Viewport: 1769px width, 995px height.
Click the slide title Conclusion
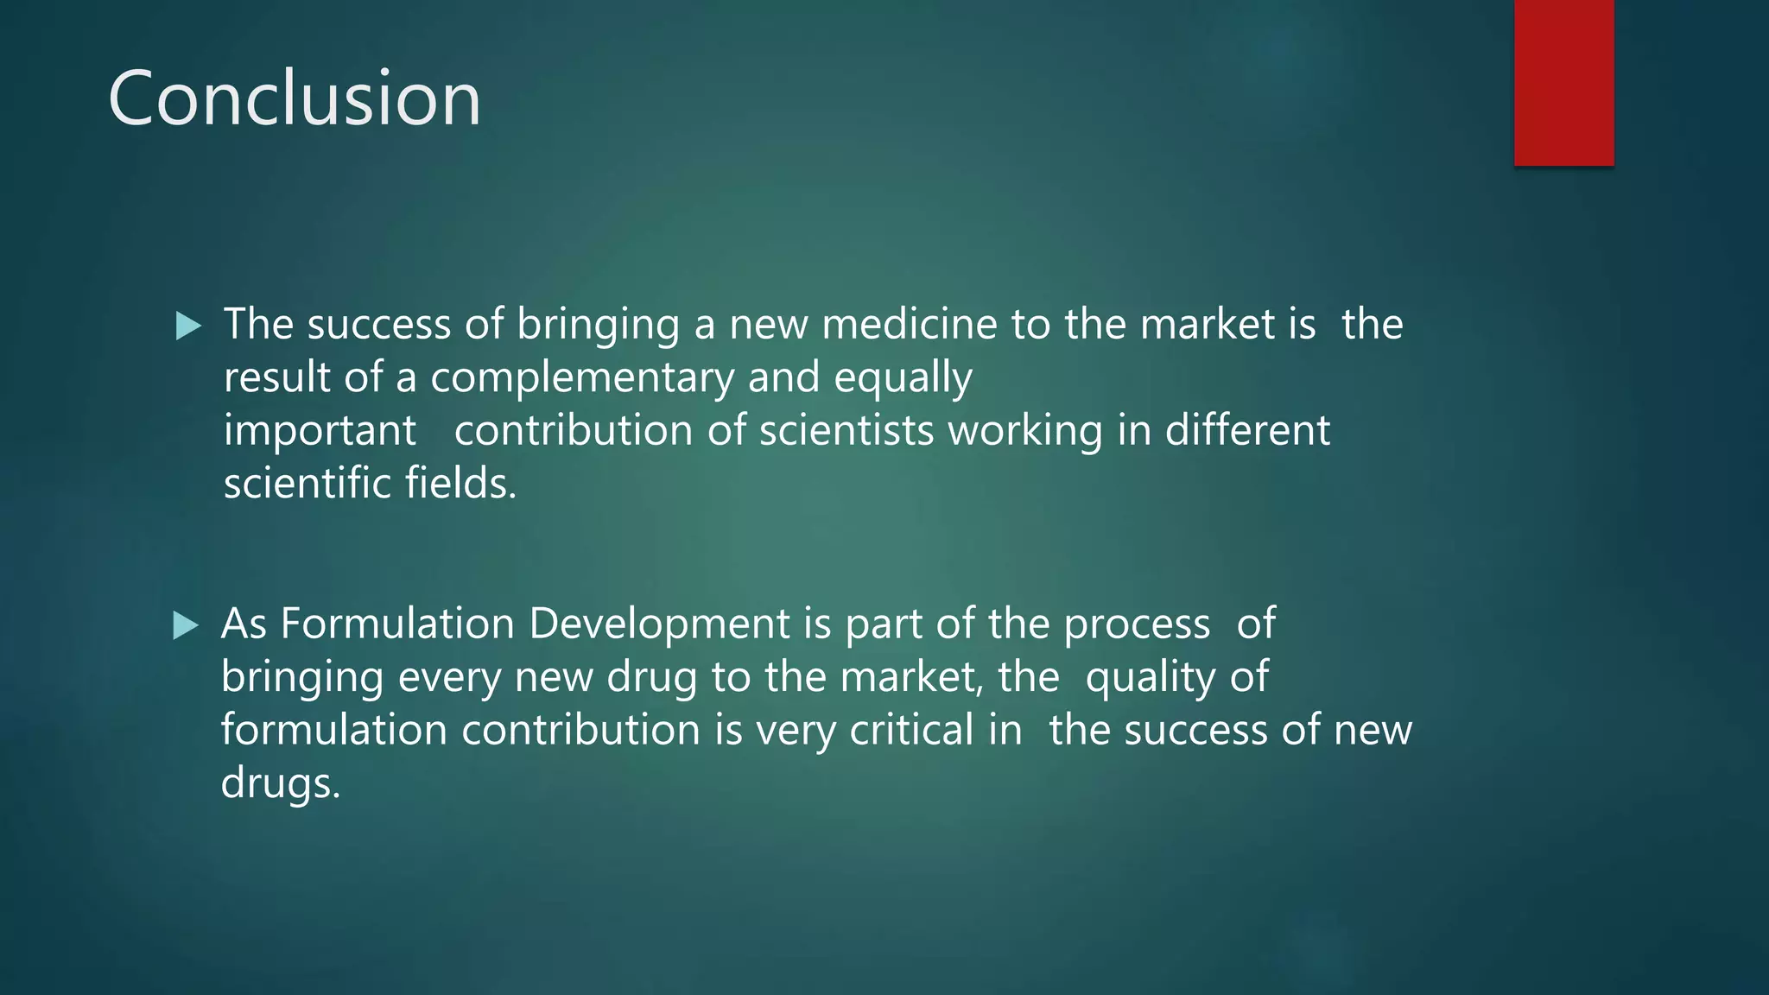click(x=295, y=99)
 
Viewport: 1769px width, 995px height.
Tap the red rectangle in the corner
click(x=1563, y=82)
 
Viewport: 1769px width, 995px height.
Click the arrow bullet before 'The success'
click(x=188, y=326)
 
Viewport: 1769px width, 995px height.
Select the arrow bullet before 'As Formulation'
click(x=186, y=625)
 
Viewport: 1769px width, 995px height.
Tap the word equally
click(x=903, y=378)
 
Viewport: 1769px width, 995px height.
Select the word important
click(x=320, y=431)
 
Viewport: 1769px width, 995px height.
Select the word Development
click(x=659, y=624)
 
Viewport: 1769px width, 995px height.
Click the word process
click(x=1137, y=624)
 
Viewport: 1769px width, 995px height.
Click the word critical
click(x=912, y=731)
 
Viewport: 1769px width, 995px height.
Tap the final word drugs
click(x=281, y=783)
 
